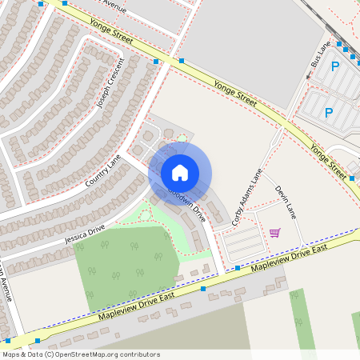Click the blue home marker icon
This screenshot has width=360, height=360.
tap(180, 173)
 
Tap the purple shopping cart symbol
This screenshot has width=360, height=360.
tap(275, 233)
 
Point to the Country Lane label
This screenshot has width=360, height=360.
tap(103, 173)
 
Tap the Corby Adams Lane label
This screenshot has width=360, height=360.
tap(247, 196)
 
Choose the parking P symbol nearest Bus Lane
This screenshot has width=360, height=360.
tap(335, 67)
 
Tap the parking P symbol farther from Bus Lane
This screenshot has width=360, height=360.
tap(328, 113)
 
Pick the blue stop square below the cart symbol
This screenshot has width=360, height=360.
tap(238, 267)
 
